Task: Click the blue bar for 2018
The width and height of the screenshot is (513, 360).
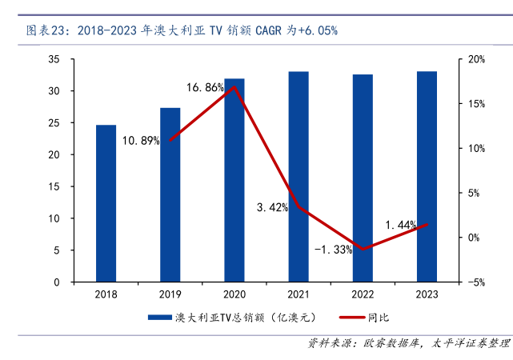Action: [x=106, y=203]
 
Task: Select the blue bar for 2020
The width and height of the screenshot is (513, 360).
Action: [x=234, y=180]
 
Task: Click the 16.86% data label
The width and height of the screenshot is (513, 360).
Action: [x=205, y=87]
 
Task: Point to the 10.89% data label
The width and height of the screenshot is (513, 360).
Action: [x=141, y=141]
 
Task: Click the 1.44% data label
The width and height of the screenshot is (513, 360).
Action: [x=401, y=225]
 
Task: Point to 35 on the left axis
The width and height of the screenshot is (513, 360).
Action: [x=54, y=59]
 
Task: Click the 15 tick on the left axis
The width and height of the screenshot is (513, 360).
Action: [x=54, y=186]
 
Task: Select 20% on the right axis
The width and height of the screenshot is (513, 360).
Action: [x=476, y=59]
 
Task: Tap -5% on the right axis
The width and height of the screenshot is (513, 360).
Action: [x=476, y=282]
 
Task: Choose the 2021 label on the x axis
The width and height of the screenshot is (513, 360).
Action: [x=298, y=294]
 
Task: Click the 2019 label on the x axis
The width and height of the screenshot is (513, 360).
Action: [x=170, y=294]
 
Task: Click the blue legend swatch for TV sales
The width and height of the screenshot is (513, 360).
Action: [x=159, y=318]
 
